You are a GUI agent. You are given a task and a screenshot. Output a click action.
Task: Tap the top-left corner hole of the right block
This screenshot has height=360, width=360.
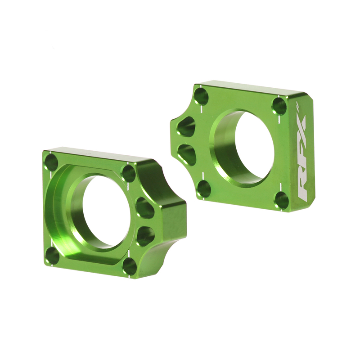coord(201,96)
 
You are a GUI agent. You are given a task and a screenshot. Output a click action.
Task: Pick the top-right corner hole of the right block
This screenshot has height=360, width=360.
coord(279,106)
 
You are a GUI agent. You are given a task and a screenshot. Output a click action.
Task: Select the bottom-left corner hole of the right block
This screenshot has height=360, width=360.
coord(204,189)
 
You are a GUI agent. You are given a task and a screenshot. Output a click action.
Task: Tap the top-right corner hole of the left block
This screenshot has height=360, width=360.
coord(129,173)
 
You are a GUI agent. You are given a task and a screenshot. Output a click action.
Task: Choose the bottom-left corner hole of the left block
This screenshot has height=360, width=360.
coord(53,256)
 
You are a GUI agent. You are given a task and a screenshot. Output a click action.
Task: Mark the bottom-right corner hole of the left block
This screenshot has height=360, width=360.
coord(130,266)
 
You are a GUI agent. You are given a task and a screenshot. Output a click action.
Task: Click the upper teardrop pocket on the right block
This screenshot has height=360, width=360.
coord(186,126)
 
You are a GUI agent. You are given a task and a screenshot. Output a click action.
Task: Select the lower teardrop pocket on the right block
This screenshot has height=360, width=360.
coord(186,153)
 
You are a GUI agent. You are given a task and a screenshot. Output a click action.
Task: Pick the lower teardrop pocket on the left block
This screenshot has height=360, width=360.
coord(145,235)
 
